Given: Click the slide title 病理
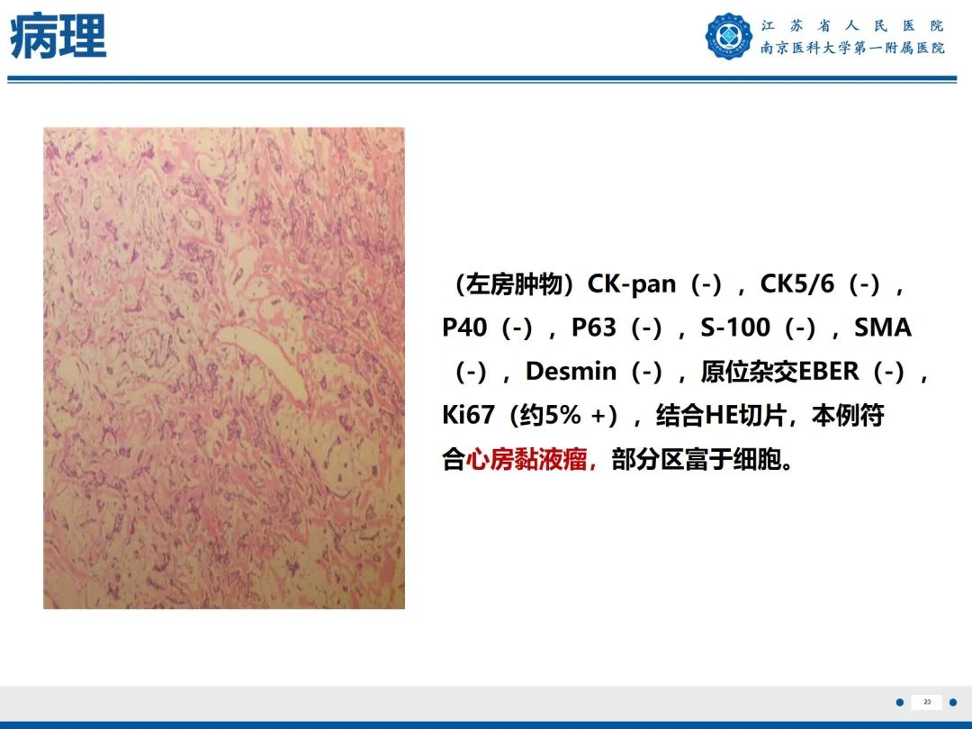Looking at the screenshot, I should [x=58, y=38].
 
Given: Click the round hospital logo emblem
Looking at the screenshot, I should [x=728, y=37].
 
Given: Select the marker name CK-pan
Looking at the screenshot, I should [x=632, y=284].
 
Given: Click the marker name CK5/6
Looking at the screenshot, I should [x=797, y=284].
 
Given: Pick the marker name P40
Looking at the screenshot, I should [x=466, y=328].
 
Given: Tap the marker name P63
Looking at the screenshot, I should [x=594, y=328].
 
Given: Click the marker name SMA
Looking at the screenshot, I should [x=883, y=328].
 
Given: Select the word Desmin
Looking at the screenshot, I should [x=571, y=371].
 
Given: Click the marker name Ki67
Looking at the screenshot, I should [x=468, y=415].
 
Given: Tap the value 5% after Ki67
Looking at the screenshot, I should [x=563, y=415].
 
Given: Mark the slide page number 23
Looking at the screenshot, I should [x=927, y=702].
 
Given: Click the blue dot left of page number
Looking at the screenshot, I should [x=899, y=702].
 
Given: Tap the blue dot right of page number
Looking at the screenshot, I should [x=953, y=702].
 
